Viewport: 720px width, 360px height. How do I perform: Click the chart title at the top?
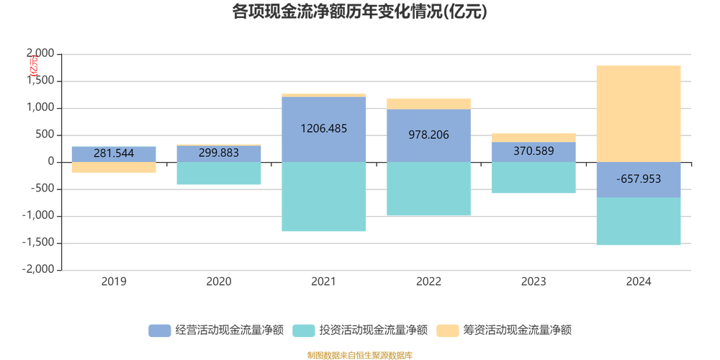[x=359, y=12]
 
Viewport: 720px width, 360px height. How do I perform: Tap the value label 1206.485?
[x=324, y=129]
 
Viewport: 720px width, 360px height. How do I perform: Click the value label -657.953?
[x=639, y=179]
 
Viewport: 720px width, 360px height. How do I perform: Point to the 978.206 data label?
[x=429, y=135]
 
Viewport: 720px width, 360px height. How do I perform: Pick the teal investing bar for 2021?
[x=324, y=197]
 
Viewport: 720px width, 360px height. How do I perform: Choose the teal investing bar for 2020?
[x=219, y=174]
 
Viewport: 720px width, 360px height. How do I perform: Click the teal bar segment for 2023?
[x=534, y=178]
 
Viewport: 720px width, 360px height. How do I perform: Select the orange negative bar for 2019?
[x=114, y=167]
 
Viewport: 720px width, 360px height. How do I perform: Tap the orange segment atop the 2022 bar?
[x=429, y=104]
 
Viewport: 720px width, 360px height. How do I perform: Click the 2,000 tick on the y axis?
[x=40, y=54]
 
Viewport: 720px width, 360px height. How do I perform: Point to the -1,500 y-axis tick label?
[x=38, y=243]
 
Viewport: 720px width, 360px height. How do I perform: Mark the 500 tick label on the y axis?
[x=45, y=135]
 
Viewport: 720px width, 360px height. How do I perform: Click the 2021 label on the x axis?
[x=324, y=282]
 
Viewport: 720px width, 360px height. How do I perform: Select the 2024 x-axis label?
[x=639, y=282]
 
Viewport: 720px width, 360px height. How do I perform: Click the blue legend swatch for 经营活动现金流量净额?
[x=159, y=330]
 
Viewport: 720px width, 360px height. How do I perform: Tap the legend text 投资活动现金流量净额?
[x=374, y=330]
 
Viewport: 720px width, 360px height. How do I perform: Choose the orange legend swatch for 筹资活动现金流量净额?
[x=448, y=330]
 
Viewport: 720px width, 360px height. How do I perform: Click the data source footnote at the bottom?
[x=359, y=355]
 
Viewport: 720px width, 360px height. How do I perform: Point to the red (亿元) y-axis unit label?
[x=33, y=66]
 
